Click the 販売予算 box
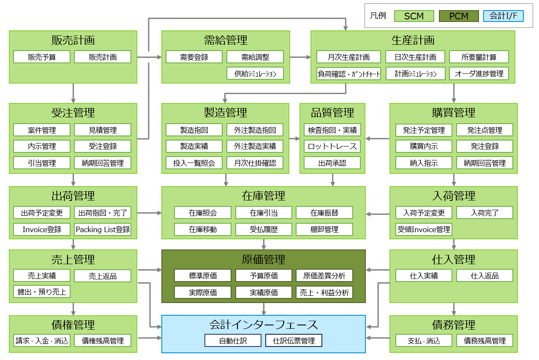(x=42, y=57)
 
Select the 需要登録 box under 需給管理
(x=194, y=57)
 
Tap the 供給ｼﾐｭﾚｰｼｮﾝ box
(x=255, y=74)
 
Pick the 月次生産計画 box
(x=349, y=57)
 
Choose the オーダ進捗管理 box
(x=479, y=74)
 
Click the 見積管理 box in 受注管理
(x=103, y=130)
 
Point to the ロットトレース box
(x=332, y=146)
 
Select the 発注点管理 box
(x=485, y=130)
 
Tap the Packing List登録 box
(x=103, y=230)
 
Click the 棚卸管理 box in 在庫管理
(x=324, y=230)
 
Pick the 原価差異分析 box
(x=324, y=276)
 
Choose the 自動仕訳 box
(x=233, y=341)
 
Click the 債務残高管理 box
(x=485, y=341)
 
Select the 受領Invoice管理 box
(x=424, y=230)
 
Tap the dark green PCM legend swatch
(x=459, y=16)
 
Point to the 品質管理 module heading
(x=332, y=113)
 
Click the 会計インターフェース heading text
(x=264, y=325)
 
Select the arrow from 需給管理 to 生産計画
(x=300, y=57)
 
